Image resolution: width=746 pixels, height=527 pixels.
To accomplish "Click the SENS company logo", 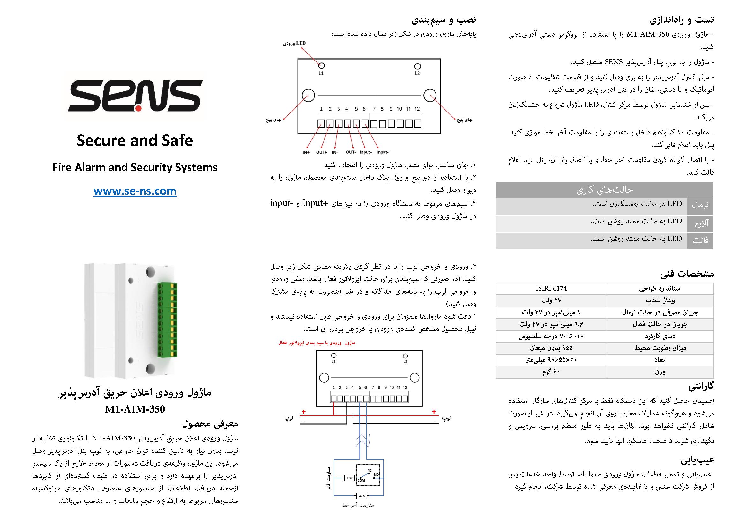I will (135, 96).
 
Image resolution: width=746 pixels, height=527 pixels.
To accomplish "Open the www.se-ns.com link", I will (135, 191).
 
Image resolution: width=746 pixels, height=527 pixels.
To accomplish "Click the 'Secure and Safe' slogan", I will (135, 141).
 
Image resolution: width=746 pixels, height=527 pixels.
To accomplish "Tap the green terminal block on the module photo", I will (167, 320).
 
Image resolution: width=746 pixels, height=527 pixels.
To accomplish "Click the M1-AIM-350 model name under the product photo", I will (135, 409).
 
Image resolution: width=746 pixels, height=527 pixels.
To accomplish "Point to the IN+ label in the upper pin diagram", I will (306, 152).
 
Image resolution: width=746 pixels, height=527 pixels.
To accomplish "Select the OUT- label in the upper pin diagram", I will (351, 152).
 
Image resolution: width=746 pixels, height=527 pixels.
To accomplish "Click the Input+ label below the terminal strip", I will (366, 152).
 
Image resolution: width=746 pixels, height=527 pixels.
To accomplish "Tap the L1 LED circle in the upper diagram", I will (321, 66).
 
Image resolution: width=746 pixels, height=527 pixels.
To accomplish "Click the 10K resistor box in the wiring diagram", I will (349, 478).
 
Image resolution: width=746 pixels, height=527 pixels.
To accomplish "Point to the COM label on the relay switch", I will (361, 480).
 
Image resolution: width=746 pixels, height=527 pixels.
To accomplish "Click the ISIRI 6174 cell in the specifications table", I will (551, 288).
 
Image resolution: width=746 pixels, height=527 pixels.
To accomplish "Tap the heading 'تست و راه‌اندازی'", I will (682, 20).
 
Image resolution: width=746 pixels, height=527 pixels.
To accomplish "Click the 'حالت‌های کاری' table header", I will (604, 190).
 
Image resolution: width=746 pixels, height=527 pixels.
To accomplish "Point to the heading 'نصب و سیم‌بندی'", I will (444, 20).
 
